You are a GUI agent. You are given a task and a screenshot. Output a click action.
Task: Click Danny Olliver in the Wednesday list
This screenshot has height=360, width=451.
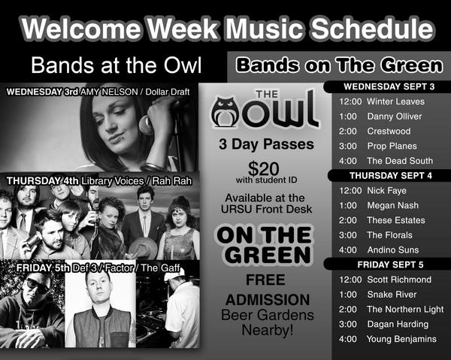[x=394, y=116]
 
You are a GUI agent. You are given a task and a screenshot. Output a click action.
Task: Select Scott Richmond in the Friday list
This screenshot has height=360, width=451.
[x=399, y=280]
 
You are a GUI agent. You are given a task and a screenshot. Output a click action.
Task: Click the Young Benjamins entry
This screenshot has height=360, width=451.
[x=401, y=339]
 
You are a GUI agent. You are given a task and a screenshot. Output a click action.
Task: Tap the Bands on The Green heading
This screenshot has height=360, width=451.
[x=339, y=66]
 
